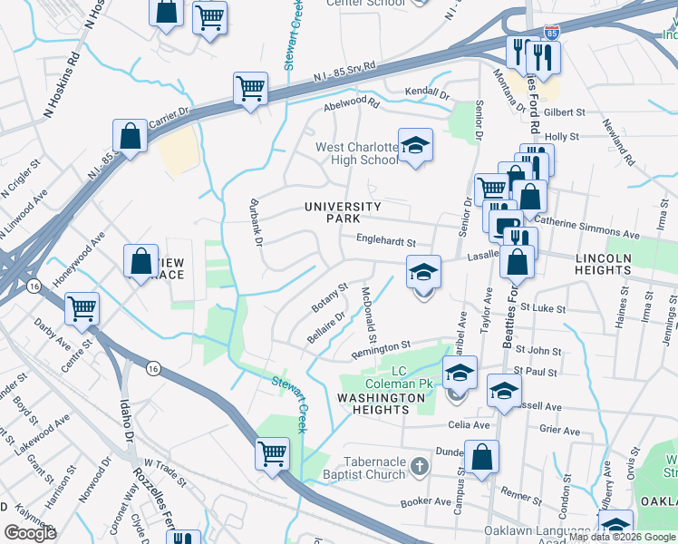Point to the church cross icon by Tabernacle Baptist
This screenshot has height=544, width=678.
point(418,467)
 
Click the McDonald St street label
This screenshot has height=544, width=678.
point(369,309)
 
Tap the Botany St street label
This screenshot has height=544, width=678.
point(330,296)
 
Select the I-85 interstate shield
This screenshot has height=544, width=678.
point(551,33)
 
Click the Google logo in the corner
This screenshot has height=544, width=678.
point(31,533)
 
